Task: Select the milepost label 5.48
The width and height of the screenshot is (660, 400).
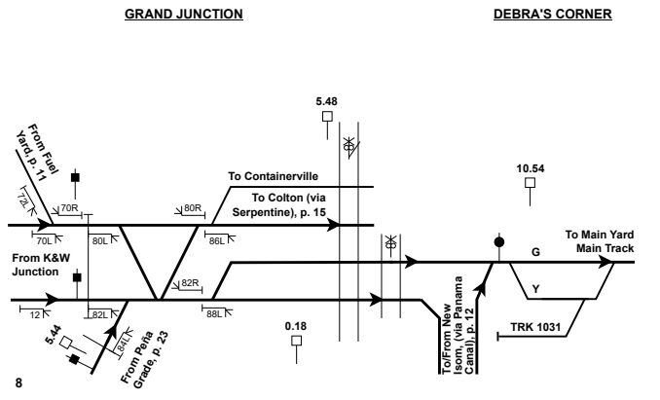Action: point(327,101)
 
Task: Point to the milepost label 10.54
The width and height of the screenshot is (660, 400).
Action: point(530,168)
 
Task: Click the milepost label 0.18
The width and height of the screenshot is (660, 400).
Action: point(296,325)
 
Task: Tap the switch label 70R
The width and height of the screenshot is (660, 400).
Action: point(69,208)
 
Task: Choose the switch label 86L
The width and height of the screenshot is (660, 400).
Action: point(215,237)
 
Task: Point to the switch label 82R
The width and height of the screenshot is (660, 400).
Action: point(191,283)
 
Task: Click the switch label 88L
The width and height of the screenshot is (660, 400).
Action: point(215,312)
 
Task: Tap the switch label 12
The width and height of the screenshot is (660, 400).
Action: point(35,312)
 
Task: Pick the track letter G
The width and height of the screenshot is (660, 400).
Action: point(534,252)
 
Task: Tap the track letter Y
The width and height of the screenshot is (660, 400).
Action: point(534,288)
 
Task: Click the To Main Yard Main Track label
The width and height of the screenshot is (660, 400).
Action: point(599,241)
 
